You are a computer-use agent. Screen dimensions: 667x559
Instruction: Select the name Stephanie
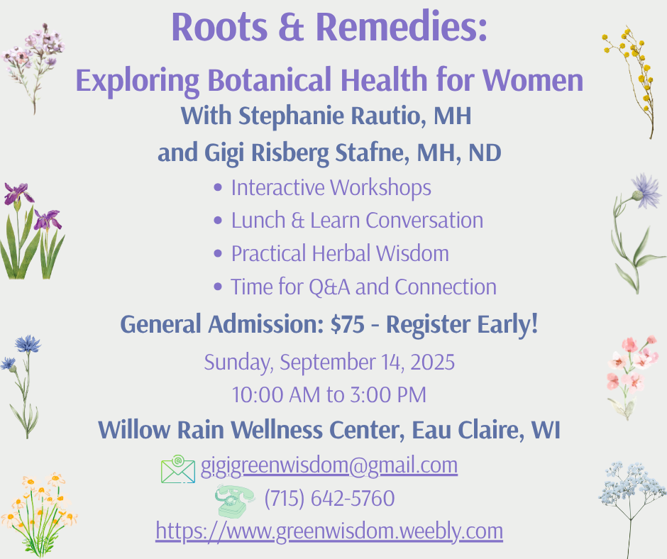(x=292, y=116)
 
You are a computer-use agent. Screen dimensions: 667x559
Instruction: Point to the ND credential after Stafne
(x=485, y=153)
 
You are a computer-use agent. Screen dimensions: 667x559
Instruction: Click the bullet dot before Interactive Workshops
(x=219, y=187)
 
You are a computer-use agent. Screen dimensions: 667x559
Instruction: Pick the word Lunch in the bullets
(x=258, y=221)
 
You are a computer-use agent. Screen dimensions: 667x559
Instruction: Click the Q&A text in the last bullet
(x=329, y=287)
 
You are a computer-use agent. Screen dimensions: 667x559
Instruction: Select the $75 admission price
(x=348, y=324)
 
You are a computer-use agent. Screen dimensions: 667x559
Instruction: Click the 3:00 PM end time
(x=388, y=395)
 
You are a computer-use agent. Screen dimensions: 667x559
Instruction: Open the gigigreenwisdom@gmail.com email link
(x=329, y=465)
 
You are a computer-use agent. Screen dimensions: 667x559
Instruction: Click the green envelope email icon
(x=178, y=469)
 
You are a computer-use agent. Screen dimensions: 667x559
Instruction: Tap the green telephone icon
(x=234, y=501)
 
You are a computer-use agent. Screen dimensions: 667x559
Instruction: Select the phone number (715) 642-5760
(x=330, y=498)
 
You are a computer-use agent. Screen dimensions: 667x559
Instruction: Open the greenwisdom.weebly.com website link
(x=329, y=531)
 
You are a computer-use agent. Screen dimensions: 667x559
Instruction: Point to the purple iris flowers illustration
(x=31, y=231)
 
